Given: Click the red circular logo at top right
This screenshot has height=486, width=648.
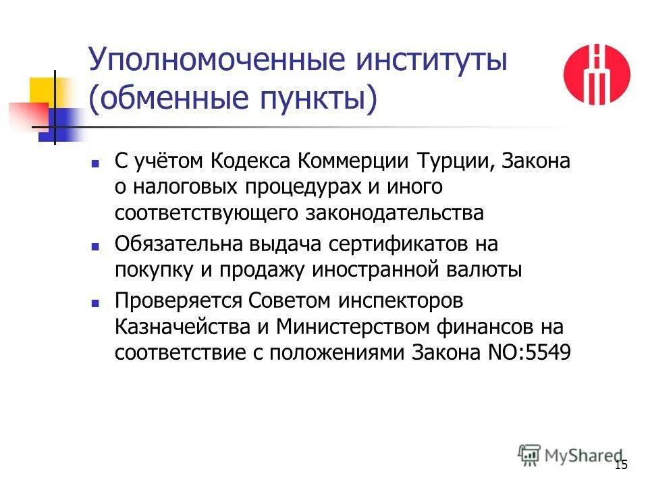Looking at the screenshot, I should tap(597, 74).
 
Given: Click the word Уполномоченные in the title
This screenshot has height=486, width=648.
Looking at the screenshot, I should tap(205, 63).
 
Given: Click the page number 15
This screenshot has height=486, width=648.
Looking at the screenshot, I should tap(622, 464).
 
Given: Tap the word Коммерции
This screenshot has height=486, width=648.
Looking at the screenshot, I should tap(353, 162).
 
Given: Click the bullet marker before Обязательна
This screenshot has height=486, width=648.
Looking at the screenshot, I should tap(95, 246).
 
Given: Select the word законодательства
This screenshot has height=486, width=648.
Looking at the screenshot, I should tap(396, 213).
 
